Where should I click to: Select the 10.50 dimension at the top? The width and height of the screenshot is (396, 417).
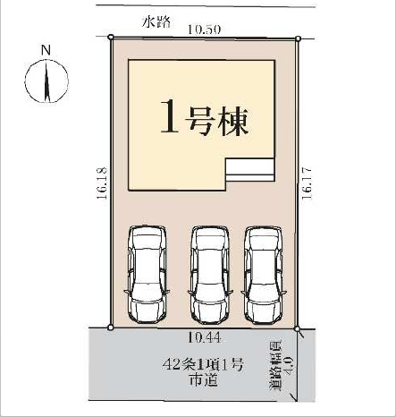tap(204, 29)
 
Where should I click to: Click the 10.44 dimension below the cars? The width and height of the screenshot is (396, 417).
tap(206, 337)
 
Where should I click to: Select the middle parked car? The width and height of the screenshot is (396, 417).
tap(208, 273)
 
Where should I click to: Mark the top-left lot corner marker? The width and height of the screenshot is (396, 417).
tap(110, 38)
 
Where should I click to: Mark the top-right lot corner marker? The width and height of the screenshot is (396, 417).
tap(298, 38)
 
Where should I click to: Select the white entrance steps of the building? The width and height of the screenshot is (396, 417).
tap(250, 170)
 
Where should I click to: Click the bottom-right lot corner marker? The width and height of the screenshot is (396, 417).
tap(298, 328)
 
